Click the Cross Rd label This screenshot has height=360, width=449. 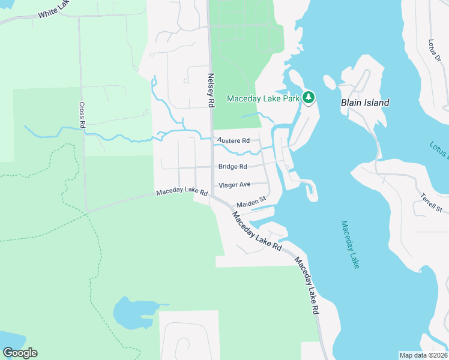pos(82,114)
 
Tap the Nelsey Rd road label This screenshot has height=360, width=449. pos(211,90)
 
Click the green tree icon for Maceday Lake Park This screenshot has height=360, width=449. pos(309,97)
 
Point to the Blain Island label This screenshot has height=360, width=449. pos(365,103)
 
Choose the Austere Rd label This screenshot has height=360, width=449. pos(234,140)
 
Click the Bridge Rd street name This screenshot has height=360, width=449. pos(233,167)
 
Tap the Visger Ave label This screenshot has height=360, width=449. pos(235,185)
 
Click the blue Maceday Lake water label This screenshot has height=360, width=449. pos(350,244)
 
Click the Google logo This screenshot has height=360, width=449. pos(20,353)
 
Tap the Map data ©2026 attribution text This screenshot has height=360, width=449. pos(423,355)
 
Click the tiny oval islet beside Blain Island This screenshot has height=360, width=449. pos(329,82)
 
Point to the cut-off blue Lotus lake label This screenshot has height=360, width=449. pos(439,151)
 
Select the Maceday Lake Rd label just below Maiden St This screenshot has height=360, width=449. pos(257,230)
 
